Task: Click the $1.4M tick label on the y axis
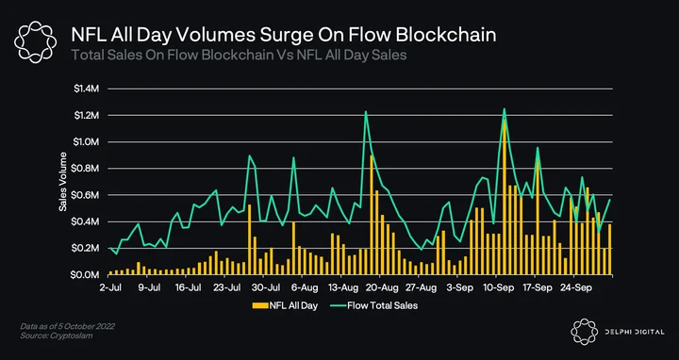[x=87, y=90]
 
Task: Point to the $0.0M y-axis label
[x=87, y=275]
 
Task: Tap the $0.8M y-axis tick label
[x=87, y=169]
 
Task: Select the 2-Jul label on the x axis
[x=108, y=287]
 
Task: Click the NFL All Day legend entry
[x=285, y=306]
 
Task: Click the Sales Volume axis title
[x=63, y=182]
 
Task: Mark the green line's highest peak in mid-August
[x=366, y=111]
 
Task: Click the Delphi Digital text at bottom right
[x=635, y=333]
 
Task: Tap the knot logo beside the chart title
[x=36, y=42]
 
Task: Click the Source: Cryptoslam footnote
[x=57, y=335]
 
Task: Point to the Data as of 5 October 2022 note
[x=67, y=326]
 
